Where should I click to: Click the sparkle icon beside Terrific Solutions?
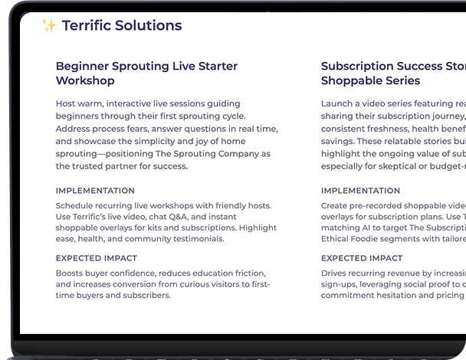coord(49,26)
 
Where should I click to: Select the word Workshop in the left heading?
coord(85,81)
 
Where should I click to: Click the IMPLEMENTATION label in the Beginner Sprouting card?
coord(95,191)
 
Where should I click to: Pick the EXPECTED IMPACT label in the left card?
coord(97,258)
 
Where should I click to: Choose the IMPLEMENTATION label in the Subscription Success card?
coord(360,191)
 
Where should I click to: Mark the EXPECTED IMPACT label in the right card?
coord(362,258)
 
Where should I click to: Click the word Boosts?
coord(71,273)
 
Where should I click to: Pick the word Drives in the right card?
coord(336,273)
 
